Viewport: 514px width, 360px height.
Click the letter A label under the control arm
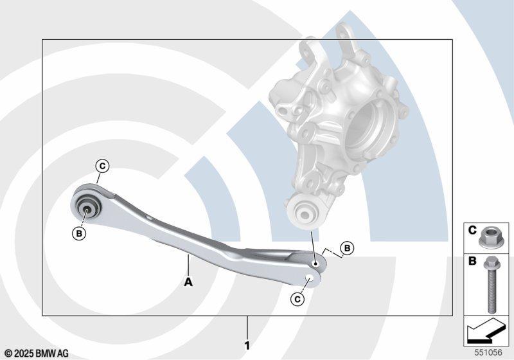(x=188, y=282)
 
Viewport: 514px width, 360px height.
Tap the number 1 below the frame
(x=247, y=346)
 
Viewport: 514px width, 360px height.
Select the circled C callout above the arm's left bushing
(x=103, y=166)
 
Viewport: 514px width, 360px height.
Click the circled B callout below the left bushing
(x=79, y=233)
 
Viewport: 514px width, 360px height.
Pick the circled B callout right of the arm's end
(x=347, y=248)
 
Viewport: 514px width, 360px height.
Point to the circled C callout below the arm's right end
(x=297, y=299)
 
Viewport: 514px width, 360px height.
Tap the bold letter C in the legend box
(x=472, y=231)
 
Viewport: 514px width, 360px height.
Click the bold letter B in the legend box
(x=472, y=261)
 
